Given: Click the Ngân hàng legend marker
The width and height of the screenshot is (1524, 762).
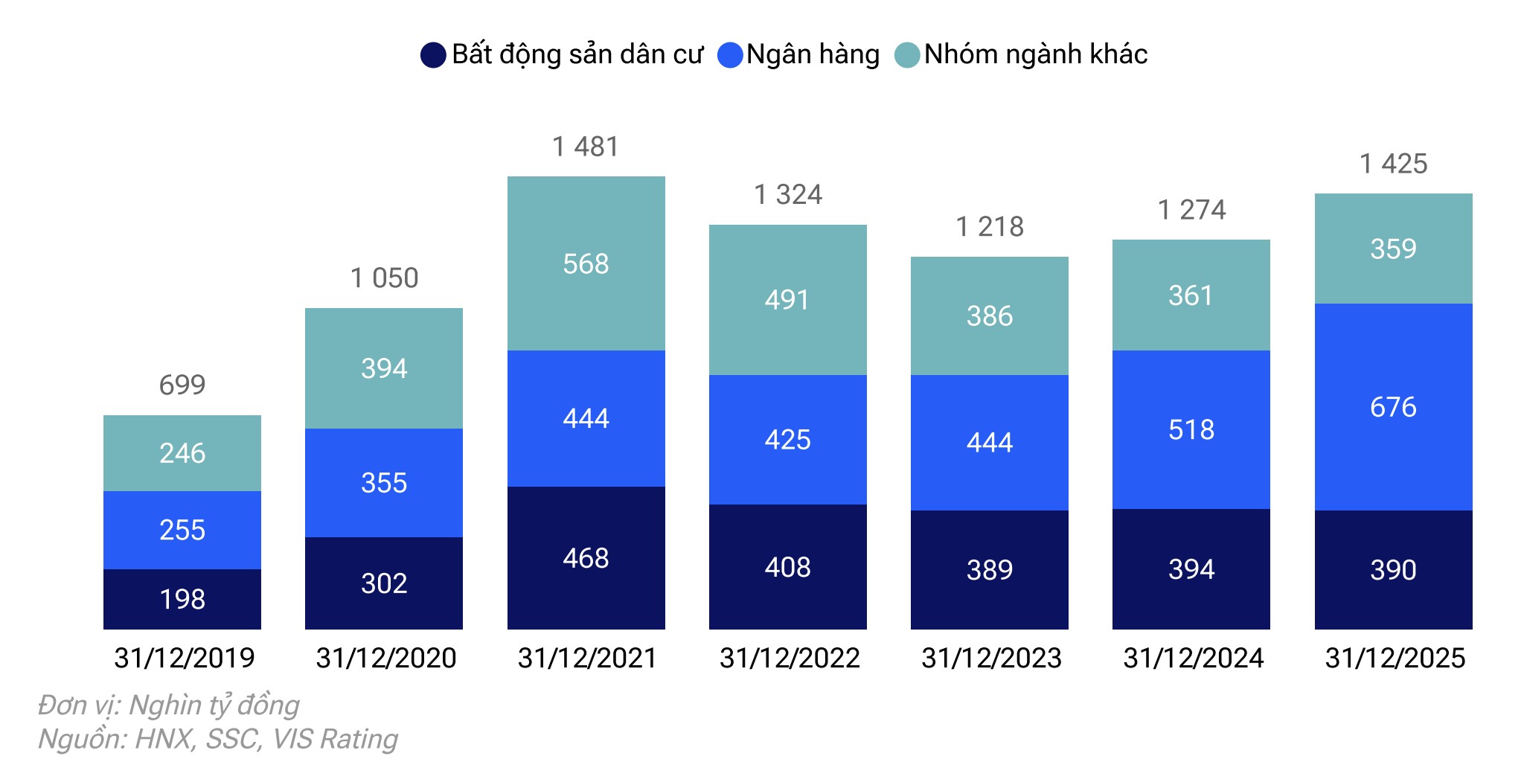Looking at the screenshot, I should point(730,55).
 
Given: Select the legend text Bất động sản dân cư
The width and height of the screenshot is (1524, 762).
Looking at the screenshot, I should point(577,54).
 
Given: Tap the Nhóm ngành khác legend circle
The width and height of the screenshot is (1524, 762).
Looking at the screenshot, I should point(907,55).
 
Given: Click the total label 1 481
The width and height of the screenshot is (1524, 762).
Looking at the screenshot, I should point(586,147).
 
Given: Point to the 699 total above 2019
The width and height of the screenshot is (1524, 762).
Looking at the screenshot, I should point(182,385).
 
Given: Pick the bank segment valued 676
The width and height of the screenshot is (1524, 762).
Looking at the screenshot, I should point(1393,407).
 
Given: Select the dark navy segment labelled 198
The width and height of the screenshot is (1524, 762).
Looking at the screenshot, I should point(182,599).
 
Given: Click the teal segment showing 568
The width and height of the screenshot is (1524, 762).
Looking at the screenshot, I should point(586,263).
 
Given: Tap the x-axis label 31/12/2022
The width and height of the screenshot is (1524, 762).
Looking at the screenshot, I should point(789,658).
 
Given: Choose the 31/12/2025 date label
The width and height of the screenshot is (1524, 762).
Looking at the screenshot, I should point(1395,658).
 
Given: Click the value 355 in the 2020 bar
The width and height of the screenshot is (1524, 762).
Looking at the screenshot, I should point(384,483).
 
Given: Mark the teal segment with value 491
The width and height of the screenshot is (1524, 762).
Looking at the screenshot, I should point(787,299).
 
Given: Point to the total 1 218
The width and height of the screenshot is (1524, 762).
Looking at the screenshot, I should point(990,226).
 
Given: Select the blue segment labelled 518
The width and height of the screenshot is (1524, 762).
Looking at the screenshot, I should point(1191,429).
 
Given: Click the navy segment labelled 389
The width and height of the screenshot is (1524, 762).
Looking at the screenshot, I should point(990,570).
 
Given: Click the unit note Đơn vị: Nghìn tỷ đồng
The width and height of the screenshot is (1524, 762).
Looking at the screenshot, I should point(169,705).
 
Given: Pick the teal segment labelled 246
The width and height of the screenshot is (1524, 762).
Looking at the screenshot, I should point(182,452).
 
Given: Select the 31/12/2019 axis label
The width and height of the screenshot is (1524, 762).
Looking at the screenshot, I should point(184,658).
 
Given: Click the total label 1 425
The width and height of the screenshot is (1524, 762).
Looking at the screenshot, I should point(1393,164).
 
